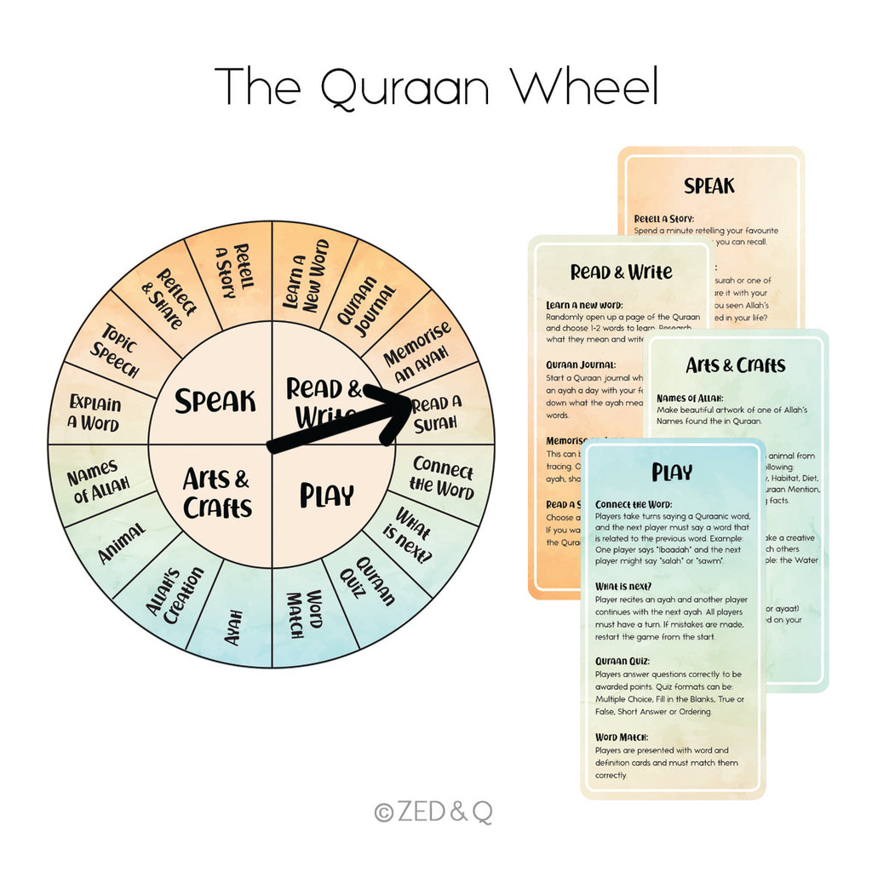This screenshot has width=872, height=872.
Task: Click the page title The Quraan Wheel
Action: (x=436, y=87)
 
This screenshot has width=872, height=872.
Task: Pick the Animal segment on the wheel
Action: (x=122, y=542)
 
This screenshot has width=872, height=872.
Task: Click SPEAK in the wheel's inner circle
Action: (x=215, y=401)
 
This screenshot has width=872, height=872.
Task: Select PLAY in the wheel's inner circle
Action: (x=326, y=496)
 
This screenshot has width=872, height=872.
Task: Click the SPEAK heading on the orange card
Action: (x=708, y=186)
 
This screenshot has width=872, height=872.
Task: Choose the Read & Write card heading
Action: (x=621, y=272)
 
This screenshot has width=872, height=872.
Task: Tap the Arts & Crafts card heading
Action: (x=735, y=365)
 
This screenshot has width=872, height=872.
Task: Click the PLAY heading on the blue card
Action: (x=672, y=472)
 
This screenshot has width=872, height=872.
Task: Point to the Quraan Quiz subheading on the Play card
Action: (x=622, y=661)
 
